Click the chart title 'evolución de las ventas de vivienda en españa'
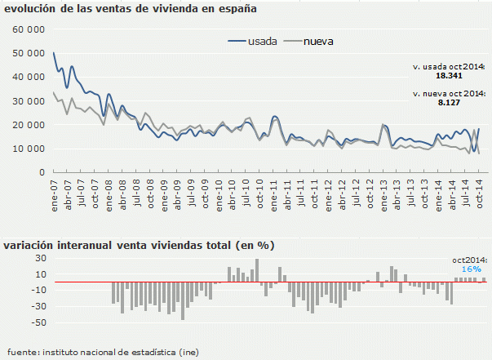pos(131,10)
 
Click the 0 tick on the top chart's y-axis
pos(40,173)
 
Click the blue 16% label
pos(471,269)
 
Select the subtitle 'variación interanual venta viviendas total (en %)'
pos(139,245)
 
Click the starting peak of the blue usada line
pos(54,53)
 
